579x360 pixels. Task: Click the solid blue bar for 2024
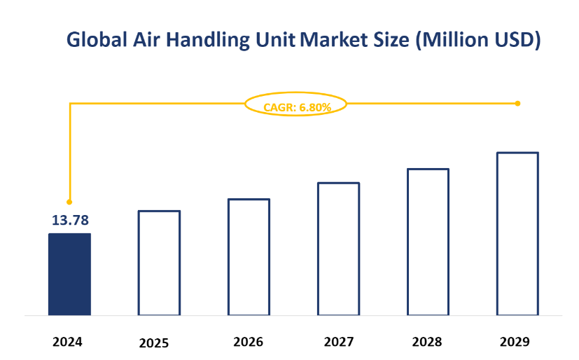pyautogui.click(x=69, y=274)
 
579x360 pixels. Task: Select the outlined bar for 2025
pyautogui.click(x=159, y=263)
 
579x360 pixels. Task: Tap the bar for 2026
pyautogui.click(x=249, y=257)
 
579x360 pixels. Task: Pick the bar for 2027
pyautogui.click(x=338, y=249)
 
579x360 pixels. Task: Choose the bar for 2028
pyautogui.click(x=428, y=242)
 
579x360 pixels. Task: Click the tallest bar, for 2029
pyautogui.click(x=517, y=233)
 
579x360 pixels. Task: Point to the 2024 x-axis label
pyautogui.click(x=67, y=342)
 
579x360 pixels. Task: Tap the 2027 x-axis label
pyautogui.click(x=338, y=342)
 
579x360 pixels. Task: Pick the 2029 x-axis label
pyautogui.click(x=515, y=342)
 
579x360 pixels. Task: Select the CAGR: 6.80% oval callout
pyautogui.click(x=296, y=106)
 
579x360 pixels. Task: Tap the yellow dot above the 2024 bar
pyautogui.click(x=69, y=202)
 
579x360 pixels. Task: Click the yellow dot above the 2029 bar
pyautogui.click(x=517, y=103)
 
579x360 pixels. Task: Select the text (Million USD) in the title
pyautogui.click(x=477, y=41)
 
